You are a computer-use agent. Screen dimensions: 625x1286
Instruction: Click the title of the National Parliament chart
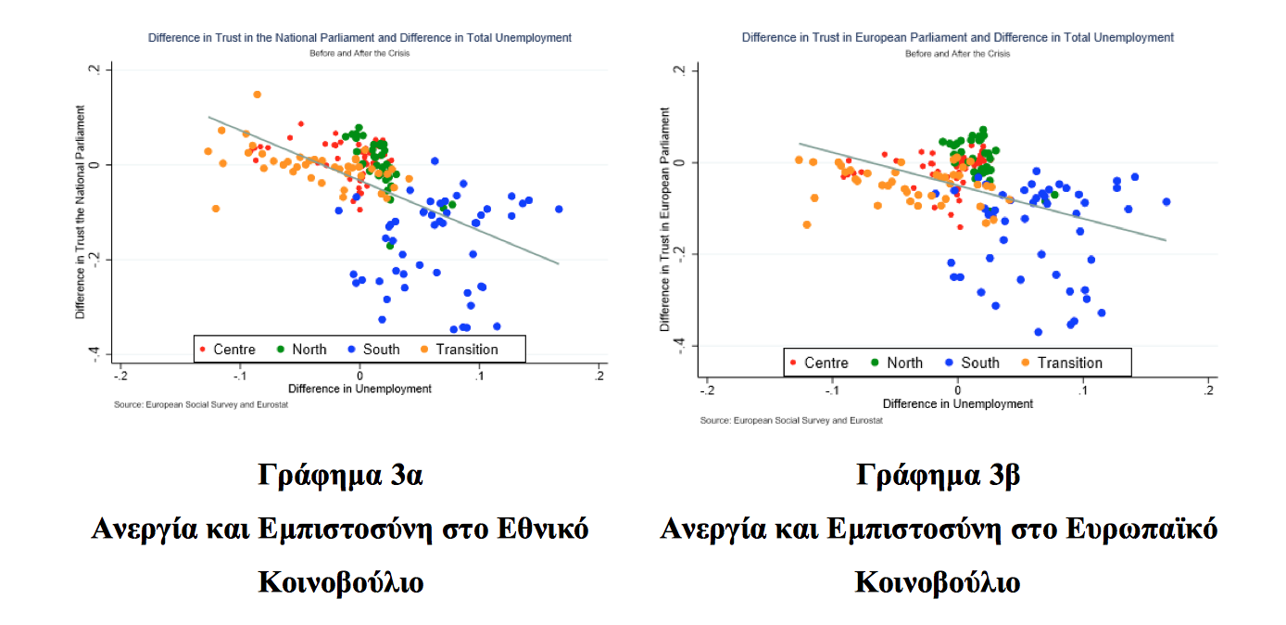coord(359,38)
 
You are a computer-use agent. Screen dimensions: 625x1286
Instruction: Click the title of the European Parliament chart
coord(957,38)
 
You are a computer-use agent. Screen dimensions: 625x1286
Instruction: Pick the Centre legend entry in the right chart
coord(818,363)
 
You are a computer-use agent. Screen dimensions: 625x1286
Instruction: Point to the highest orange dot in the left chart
coord(257,95)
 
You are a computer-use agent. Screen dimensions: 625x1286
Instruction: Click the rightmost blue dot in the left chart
coord(559,209)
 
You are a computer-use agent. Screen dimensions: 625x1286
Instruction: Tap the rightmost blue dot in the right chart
coord(1166,202)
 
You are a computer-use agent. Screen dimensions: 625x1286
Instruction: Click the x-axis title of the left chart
coord(359,389)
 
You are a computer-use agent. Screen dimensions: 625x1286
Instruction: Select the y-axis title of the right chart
coord(664,220)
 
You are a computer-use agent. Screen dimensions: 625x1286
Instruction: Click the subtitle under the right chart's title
coord(957,54)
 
